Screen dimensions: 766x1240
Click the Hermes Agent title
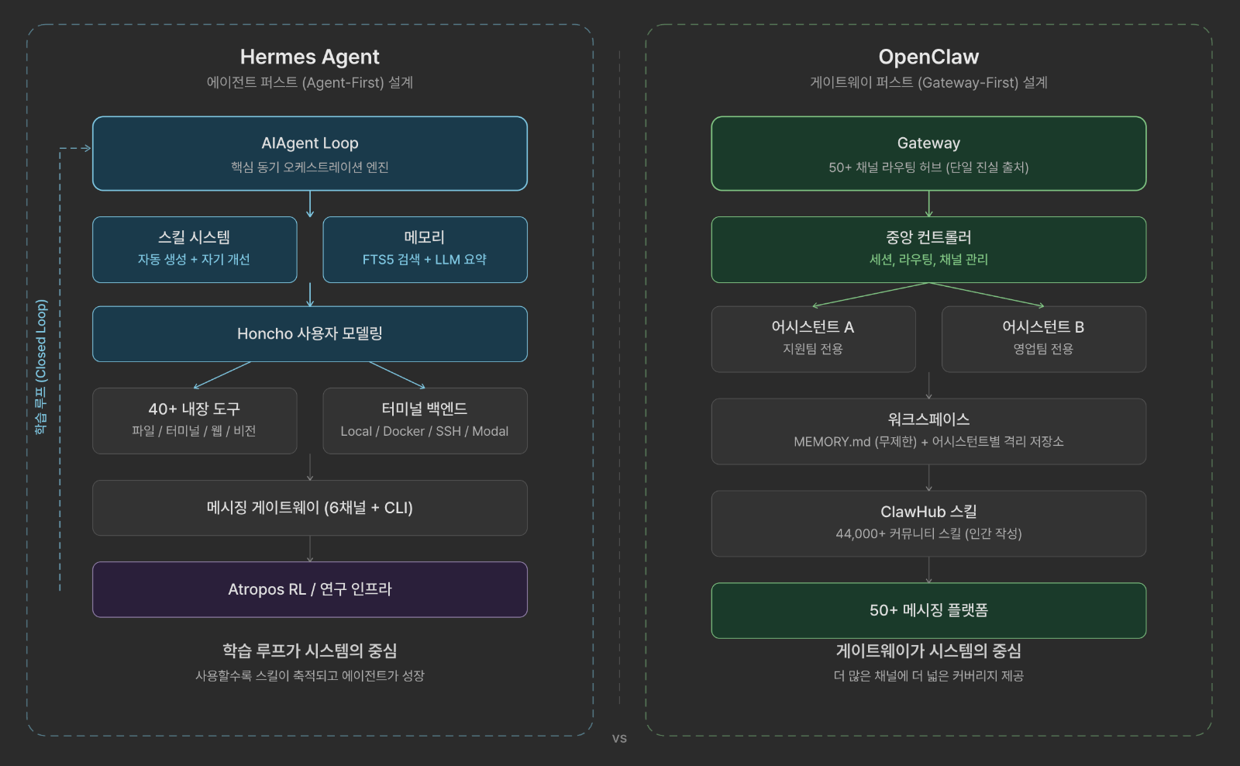click(x=309, y=57)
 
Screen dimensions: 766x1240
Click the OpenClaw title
click(x=928, y=57)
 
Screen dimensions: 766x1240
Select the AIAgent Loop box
click(x=309, y=154)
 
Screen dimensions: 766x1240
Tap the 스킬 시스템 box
click(x=195, y=249)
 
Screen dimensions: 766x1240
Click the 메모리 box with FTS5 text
click(x=425, y=249)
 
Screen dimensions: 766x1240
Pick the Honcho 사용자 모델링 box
click(x=309, y=333)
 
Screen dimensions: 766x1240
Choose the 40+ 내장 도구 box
click(x=195, y=420)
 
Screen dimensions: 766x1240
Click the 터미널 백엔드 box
click(x=425, y=420)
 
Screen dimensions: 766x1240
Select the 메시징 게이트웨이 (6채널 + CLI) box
click(x=309, y=508)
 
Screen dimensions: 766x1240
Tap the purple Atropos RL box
click(x=309, y=589)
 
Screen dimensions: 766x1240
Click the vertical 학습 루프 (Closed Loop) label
click(x=41, y=366)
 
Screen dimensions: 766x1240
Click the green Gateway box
click(x=928, y=154)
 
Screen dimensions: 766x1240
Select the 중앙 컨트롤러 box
click(x=928, y=249)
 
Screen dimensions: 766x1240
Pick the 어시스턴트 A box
click(x=813, y=339)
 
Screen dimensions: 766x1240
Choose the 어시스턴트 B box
click(x=1043, y=339)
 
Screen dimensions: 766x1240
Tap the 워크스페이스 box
click(x=928, y=431)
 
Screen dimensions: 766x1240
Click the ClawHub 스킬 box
click(x=928, y=523)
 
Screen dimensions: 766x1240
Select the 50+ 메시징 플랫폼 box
click(x=928, y=610)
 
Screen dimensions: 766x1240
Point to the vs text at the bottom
click(x=619, y=738)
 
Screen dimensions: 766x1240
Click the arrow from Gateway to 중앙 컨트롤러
click(x=928, y=204)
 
